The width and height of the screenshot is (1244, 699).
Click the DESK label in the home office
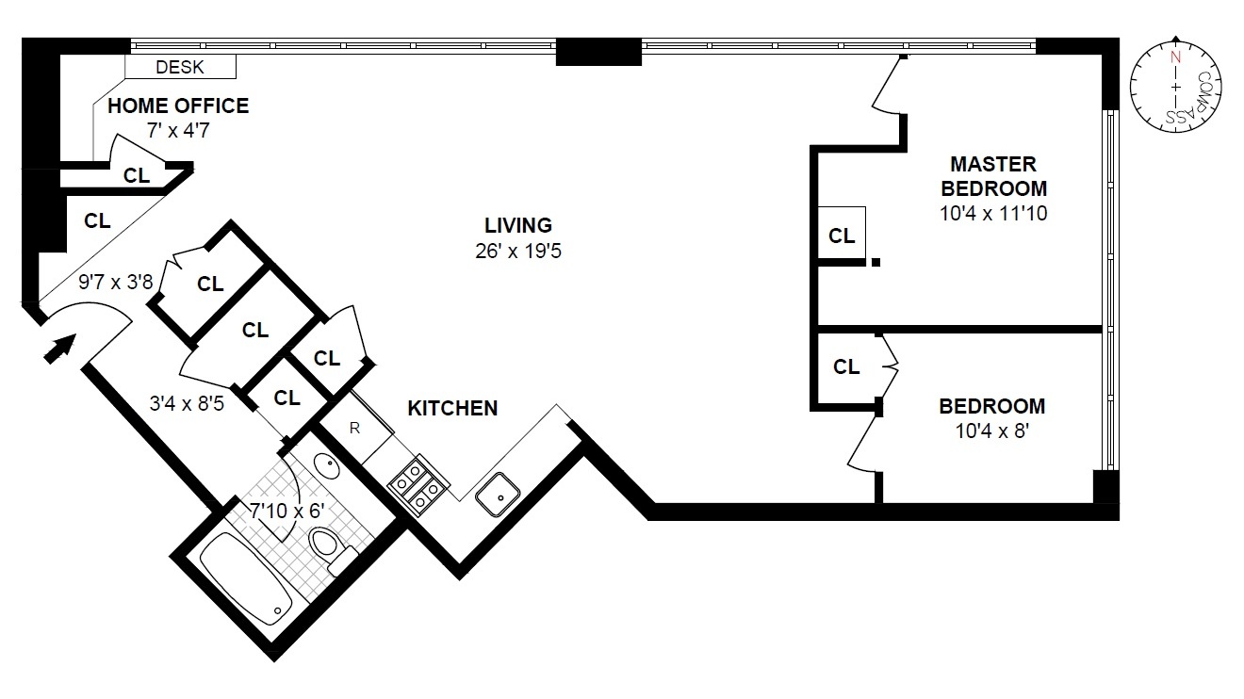(179, 67)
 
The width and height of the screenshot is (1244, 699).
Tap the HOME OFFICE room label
(178, 106)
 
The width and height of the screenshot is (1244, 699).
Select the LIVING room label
(517, 226)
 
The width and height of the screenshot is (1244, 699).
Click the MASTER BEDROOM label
(993, 175)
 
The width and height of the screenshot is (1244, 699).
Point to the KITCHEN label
(452, 409)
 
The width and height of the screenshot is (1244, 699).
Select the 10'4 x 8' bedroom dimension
(991, 432)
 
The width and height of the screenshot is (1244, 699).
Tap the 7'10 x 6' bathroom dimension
(286, 510)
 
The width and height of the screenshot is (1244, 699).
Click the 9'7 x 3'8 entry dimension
(115, 281)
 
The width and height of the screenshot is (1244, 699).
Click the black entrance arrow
(59, 349)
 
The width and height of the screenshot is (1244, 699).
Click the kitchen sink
(496, 494)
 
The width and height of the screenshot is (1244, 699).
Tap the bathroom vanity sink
(325, 464)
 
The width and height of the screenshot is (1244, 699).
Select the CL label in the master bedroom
(842, 236)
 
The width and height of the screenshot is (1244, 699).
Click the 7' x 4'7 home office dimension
(177, 130)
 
